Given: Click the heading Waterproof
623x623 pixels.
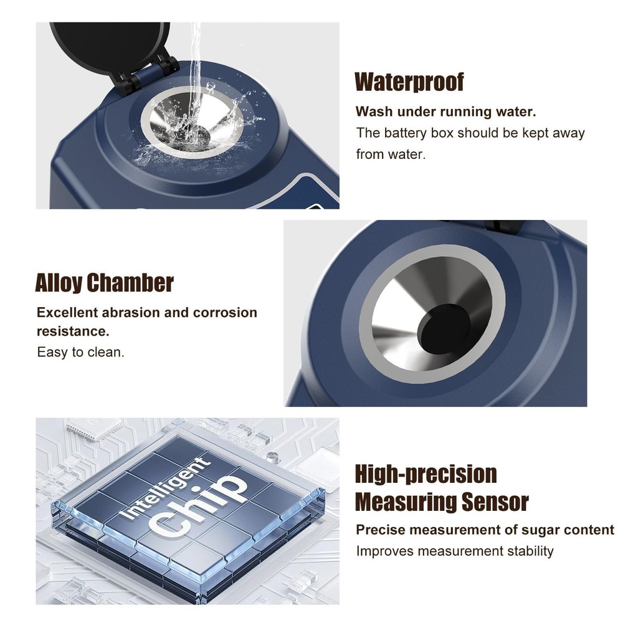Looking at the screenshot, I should pyautogui.click(x=409, y=82).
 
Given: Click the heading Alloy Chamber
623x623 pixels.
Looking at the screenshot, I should pyautogui.click(x=104, y=283).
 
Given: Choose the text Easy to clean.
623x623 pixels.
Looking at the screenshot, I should pyautogui.click(x=80, y=352).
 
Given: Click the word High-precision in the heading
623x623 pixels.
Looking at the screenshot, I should pyautogui.click(x=426, y=474).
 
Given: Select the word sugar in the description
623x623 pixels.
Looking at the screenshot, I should pyautogui.click(x=541, y=530).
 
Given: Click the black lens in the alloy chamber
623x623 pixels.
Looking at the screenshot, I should pyautogui.click(x=444, y=328).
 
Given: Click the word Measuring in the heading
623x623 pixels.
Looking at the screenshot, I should pyautogui.click(x=404, y=502).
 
